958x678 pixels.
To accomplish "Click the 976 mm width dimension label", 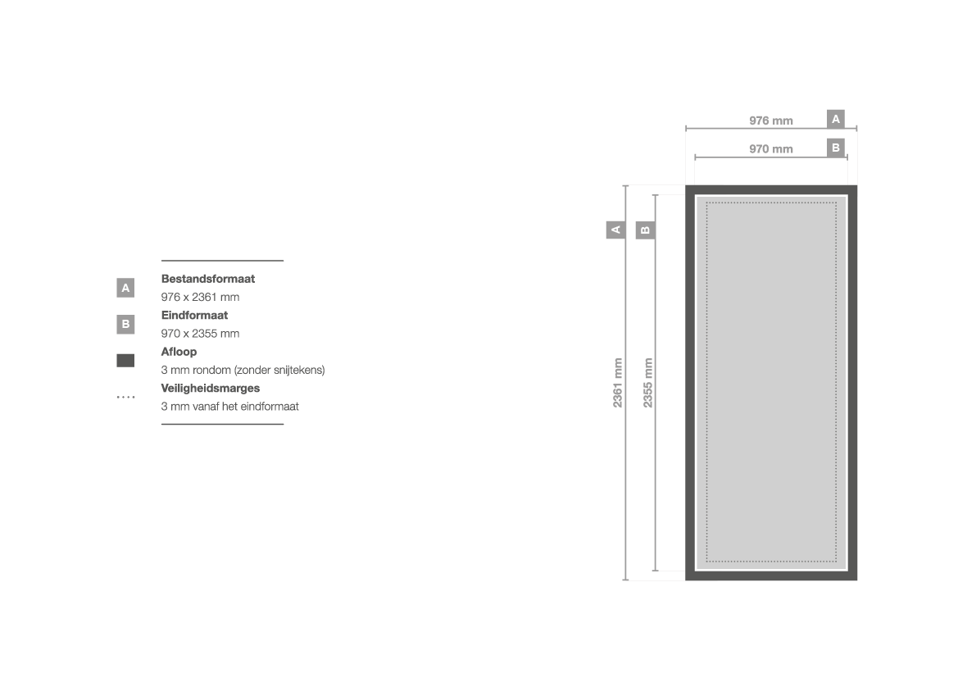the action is [x=771, y=121].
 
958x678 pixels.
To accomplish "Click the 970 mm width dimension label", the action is [x=771, y=149].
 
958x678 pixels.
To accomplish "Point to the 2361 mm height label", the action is [x=618, y=383].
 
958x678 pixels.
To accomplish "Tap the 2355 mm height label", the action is [x=647, y=383].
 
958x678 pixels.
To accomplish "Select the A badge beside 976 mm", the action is [x=836, y=119].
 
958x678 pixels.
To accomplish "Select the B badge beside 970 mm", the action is [x=836, y=148].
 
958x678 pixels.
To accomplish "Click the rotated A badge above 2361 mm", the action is [x=616, y=230].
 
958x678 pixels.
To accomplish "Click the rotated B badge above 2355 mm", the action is [x=645, y=230].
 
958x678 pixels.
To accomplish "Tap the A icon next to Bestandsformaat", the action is [x=125, y=288].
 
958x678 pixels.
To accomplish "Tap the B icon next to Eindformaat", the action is [x=125, y=324].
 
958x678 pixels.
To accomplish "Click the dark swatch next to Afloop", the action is [x=125, y=361].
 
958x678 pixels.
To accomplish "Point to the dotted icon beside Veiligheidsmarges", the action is [x=126, y=398].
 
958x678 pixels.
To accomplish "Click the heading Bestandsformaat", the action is [x=207, y=279].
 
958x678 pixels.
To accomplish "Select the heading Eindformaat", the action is [x=194, y=316].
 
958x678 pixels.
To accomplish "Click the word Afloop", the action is [x=179, y=352].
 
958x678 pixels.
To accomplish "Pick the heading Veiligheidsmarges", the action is [x=210, y=389].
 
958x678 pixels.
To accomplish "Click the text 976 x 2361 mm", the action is [x=201, y=297].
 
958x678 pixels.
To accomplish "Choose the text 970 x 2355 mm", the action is [x=201, y=334].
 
